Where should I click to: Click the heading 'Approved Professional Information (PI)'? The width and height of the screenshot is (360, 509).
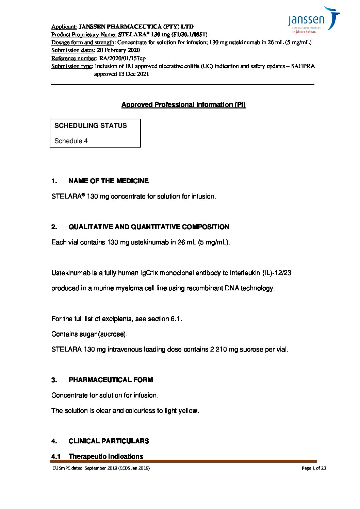tap(183, 105)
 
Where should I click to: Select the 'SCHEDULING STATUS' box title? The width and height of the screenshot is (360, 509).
tap(91, 126)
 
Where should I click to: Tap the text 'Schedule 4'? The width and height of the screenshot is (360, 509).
tap(71, 141)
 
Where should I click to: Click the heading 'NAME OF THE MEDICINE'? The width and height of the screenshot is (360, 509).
tap(109, 181)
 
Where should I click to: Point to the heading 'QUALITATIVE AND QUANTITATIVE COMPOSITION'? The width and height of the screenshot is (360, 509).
tap(149, 227)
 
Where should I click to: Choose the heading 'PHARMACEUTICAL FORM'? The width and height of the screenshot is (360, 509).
tap(111, 380)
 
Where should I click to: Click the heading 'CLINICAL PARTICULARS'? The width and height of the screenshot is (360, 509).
tap(109, 441)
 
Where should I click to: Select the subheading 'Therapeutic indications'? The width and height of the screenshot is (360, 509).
tap(106, 456)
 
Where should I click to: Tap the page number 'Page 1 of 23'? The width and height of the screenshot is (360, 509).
tap(314, 468)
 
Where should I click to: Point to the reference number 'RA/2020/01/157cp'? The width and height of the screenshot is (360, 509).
tap(122, 58)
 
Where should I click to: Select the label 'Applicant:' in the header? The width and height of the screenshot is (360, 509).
tap(64, 27)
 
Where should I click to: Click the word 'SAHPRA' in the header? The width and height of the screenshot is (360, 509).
tap(303, 66)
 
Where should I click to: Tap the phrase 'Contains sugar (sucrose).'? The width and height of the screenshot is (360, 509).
tap(89, 334)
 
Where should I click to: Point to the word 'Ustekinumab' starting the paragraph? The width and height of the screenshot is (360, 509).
tap(71, 273)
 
